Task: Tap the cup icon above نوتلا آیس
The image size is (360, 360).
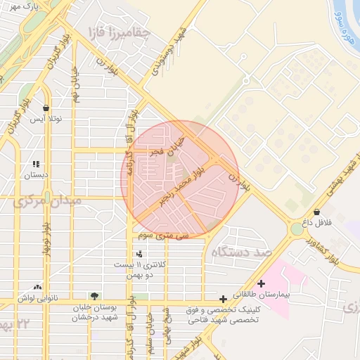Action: (46, 108)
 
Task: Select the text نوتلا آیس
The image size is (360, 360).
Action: (46, 119)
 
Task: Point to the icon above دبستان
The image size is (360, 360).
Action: (36, 164)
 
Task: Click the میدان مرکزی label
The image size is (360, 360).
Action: (48, 202)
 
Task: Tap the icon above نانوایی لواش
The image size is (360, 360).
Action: (37, 287)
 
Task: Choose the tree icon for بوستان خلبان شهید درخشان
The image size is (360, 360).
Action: (94, 296)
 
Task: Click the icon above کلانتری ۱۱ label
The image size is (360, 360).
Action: (139, 254)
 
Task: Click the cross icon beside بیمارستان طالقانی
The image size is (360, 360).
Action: (262, 284)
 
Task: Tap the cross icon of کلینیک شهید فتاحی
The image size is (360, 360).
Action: (223, 299)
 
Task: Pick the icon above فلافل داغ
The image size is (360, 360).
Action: (316, 212)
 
